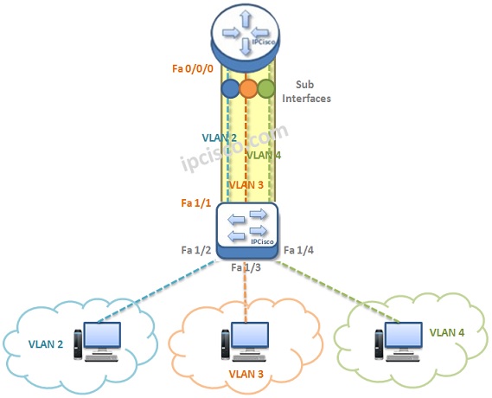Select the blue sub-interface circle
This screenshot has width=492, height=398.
[x=230, y=88]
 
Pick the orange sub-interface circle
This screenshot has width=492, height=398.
[x=248, y=88]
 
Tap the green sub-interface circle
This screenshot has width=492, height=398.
[x=265, y=88]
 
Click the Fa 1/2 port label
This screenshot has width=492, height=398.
[x=196, y=251]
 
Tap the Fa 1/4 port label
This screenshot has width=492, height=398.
[x=300, y=251]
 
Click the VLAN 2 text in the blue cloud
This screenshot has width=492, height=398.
[x=45, y=342]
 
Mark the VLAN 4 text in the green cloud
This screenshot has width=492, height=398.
[x=446, y=331]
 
